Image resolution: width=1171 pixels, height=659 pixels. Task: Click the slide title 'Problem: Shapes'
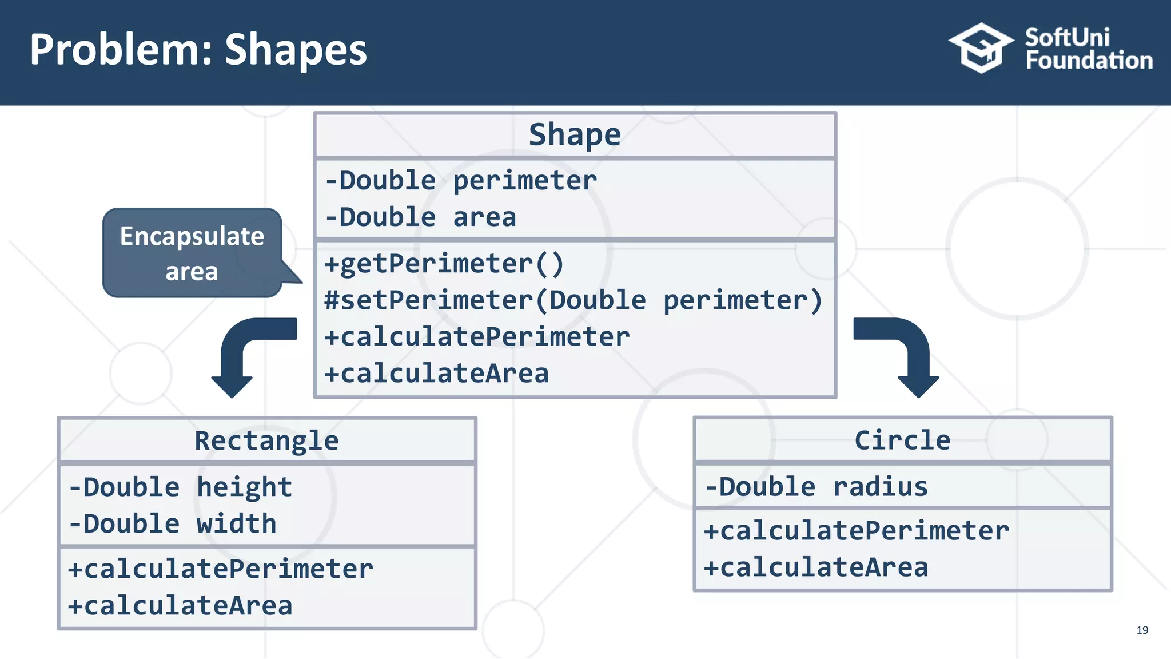(198, 50)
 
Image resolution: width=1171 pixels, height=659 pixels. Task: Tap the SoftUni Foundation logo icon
(981, 48)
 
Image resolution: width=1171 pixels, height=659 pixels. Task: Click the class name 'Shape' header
(575, 135)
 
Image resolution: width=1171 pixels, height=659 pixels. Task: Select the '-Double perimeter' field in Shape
(461, 181)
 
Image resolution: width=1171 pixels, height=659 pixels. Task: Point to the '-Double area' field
(421, 217)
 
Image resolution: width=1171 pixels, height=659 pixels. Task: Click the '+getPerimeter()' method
(444, 264)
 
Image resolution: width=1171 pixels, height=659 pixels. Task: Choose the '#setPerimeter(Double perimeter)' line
(573, 300)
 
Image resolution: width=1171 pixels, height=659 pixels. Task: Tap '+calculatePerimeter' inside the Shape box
(477, 337)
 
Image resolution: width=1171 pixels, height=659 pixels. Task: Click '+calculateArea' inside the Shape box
(436, 374)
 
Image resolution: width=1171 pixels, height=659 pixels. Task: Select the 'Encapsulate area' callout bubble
(192, 253)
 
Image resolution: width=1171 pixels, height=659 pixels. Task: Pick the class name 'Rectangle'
(266, 441)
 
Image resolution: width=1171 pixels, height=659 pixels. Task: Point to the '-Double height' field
(181, 487)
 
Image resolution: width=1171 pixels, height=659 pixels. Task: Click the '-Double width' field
(173, 524)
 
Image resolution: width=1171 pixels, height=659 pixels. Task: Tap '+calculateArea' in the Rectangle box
(180, 606)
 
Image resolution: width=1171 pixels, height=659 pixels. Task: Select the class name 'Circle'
(902, 440)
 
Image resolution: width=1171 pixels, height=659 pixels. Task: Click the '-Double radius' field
(816, 487)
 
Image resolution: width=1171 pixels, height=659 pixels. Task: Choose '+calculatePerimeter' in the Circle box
(856, 531)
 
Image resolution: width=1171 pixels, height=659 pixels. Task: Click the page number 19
(1142, 630)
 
